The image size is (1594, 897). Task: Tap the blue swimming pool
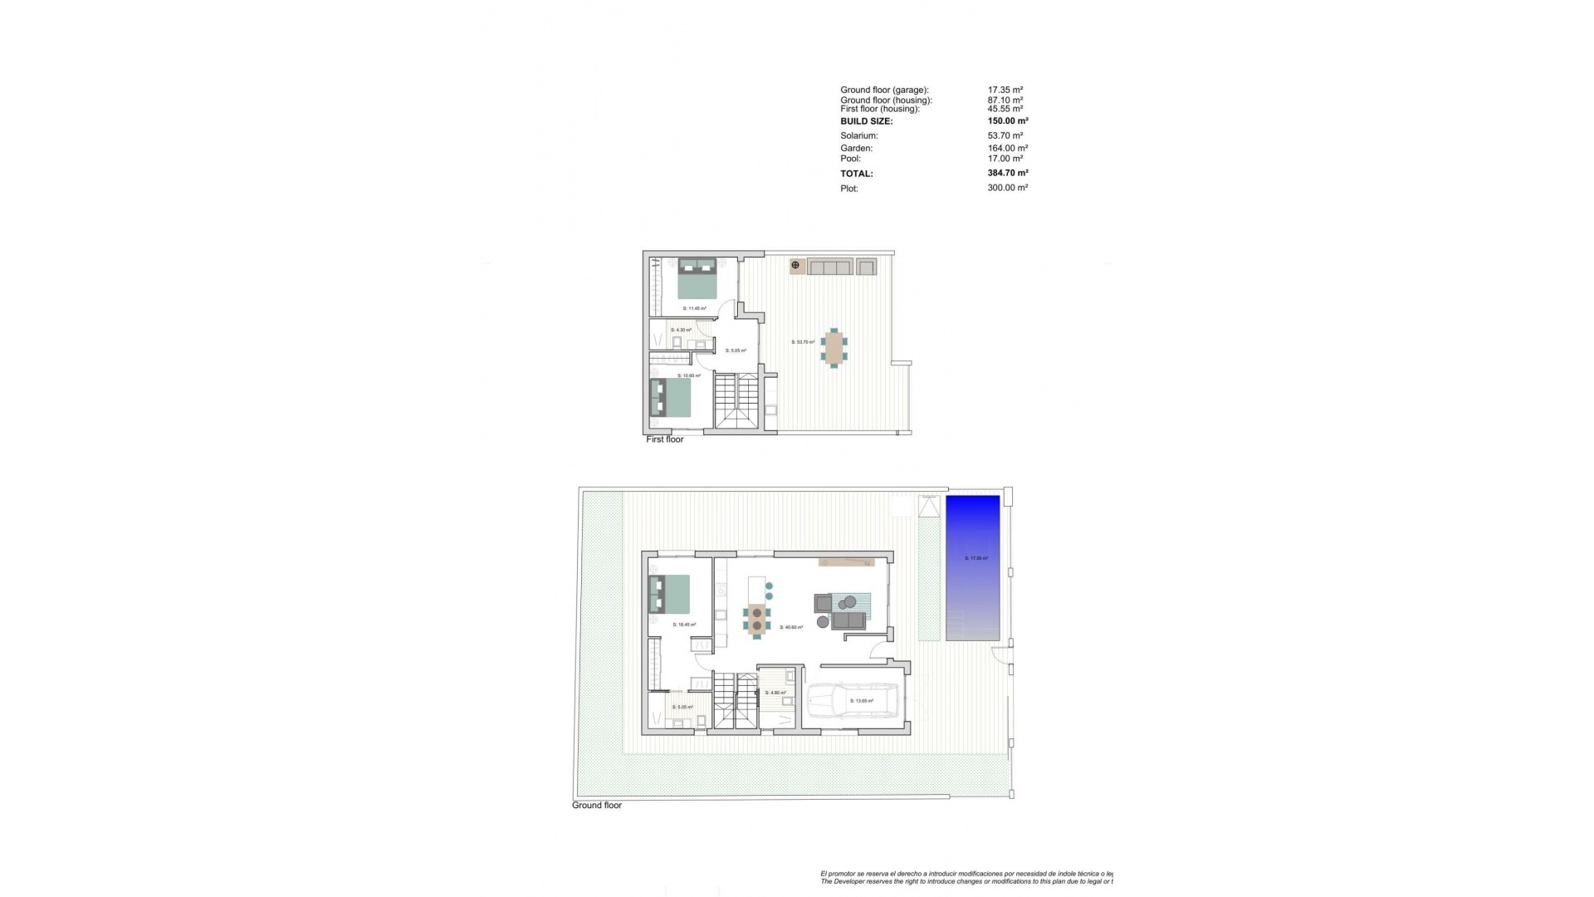tap(972, 567)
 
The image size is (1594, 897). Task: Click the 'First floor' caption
tap(664, 439)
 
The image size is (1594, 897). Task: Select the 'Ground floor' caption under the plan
tap(596, 806)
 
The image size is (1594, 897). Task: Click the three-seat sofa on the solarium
tap(830, 267)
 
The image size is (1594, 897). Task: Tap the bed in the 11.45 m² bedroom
tap(697, 278)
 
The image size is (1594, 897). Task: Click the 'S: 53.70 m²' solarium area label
tap(803, 342)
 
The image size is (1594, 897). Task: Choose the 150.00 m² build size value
tap(1008, 121)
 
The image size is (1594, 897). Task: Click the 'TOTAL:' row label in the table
tap(856, 174)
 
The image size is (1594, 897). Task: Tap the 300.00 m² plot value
tap(1008, 188)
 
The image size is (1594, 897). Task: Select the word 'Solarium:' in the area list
tap(858, 135)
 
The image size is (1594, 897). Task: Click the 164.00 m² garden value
tap(1008, 149)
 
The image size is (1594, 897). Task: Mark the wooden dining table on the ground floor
tap(756, 620)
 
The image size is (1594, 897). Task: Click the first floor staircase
tap(736, 402)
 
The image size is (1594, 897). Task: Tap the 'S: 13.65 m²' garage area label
tap(862, 701)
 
